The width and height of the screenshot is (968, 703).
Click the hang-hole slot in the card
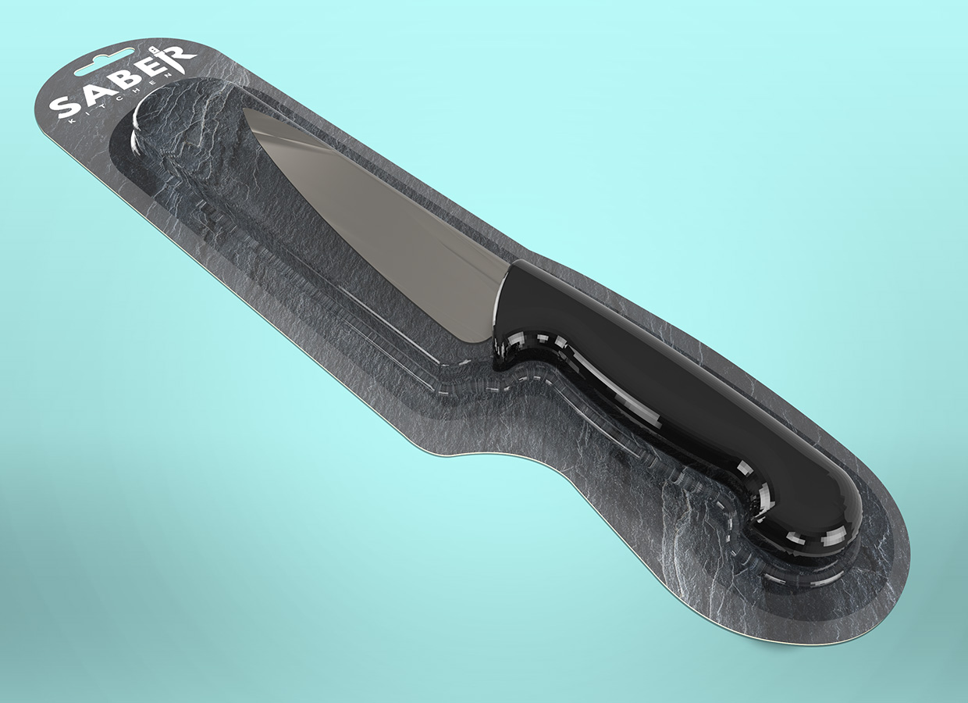click(x=104, y=62)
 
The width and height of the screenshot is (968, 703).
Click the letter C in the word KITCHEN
click(x=124, y=99)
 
